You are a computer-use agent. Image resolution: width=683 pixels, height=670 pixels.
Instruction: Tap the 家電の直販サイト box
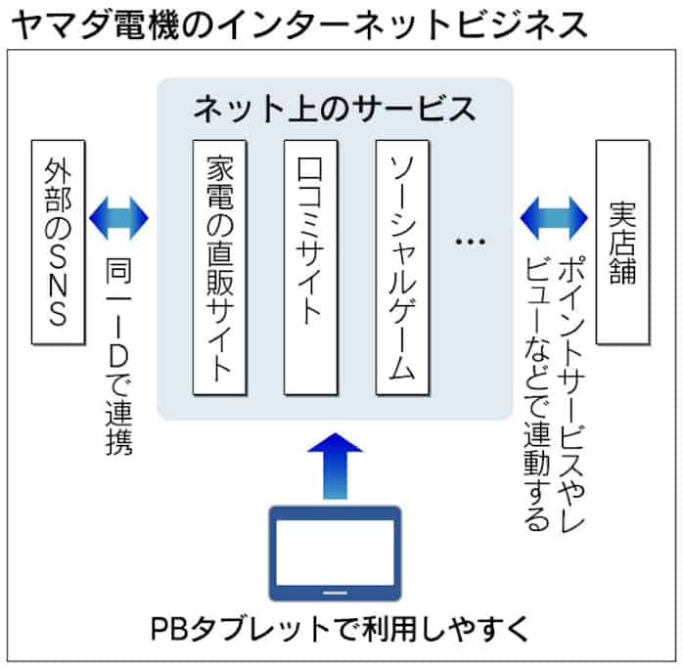pos(218,269)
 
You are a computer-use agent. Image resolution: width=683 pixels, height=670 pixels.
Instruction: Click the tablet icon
pos(335,553)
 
